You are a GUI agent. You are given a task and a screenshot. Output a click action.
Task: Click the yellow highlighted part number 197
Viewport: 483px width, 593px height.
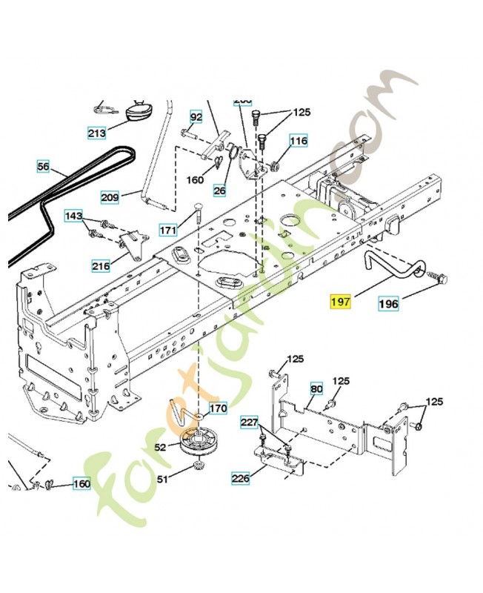click(x=341, y=302)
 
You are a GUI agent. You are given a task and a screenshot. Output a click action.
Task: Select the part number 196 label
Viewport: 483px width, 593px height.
click(x=389, y=302)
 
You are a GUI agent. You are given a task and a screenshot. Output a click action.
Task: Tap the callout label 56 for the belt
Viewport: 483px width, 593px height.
click(x=43, y=168)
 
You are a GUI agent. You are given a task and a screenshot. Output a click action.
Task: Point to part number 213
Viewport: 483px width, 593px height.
click(x=96, y=133)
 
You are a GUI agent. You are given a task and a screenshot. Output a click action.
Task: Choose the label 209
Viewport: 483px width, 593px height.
click(x=110, y=197)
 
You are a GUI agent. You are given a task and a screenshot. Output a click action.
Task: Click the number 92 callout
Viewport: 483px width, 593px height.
click(x=196, y=117)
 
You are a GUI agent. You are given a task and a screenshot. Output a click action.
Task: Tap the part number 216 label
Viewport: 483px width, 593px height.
click(x=101, y=265)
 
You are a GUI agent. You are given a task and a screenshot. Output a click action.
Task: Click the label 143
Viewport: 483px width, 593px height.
click(x=74, y=216)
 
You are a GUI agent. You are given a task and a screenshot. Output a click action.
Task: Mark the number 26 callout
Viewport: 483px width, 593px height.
click(x=219, y=191)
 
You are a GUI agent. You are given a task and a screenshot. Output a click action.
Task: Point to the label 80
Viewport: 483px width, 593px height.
click(x=316, y=388)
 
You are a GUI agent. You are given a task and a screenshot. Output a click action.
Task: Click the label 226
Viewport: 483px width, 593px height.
click(x=240, y=479)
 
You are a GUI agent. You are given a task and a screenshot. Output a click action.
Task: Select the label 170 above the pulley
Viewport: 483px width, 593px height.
click(x=218, y=408)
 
